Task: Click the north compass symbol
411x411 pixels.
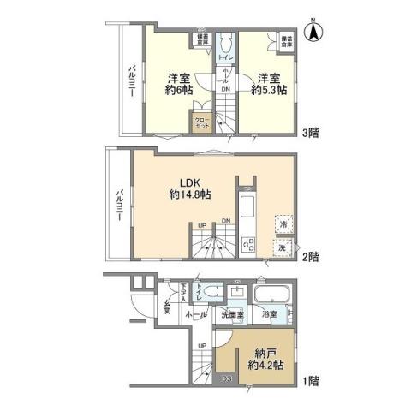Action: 313,33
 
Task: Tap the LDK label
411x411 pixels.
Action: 190,182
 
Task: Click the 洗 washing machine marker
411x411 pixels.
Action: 282,247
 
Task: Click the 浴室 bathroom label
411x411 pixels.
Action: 270,315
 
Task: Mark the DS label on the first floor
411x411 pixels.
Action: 227,378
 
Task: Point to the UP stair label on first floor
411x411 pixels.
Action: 202,346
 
